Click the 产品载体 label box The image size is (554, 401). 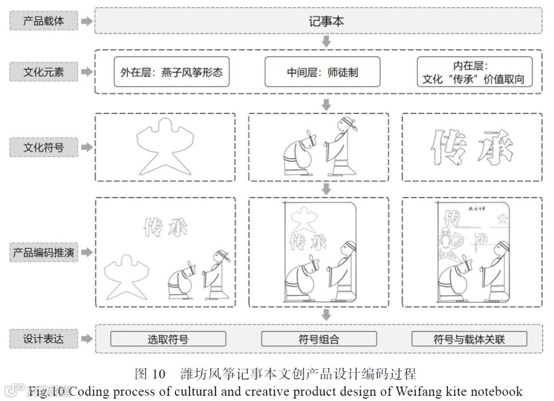pos(44,22)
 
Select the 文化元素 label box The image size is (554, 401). pos(44,72)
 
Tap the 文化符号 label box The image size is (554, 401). pos(44,148)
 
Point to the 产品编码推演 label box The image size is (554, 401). pos(44,253)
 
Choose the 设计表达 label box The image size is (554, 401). pos(44,339)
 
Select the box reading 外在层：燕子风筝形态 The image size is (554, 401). pos(171,72)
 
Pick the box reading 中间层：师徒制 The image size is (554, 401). pos(322,72)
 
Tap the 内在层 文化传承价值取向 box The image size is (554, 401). pos(474,72)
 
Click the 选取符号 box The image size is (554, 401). pos(168,339)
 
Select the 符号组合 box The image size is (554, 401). pos(319,339)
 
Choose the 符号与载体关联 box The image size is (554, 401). pos(469,339)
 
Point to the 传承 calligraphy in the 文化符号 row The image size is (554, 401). pos(471,146)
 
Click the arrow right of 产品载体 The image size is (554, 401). pos(87,22)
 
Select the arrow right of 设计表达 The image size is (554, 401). pos(87,339)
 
